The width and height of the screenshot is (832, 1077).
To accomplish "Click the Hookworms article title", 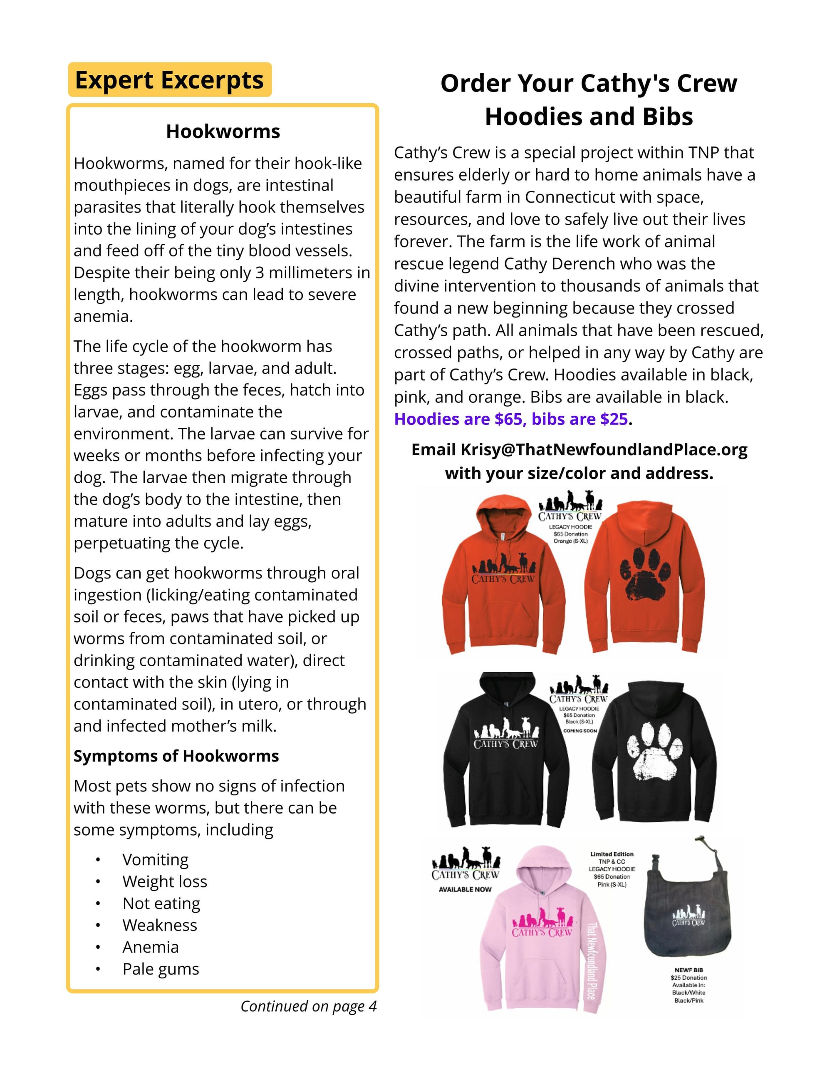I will pos(223,132).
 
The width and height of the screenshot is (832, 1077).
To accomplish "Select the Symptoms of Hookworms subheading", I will pos(176,756).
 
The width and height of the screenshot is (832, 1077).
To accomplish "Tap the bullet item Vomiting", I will pos(155,859).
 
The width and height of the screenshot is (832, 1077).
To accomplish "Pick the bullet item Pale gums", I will pos(161,969).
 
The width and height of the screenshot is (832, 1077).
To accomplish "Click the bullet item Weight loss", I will pos(165,881).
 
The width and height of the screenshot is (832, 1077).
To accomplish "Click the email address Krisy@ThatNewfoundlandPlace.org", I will pos(604,450).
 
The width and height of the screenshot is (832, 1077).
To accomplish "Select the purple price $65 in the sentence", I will pos(508,419).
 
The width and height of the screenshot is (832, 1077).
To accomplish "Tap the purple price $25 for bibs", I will pos(614,419).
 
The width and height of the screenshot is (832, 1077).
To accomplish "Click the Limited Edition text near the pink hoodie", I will pos(612,854).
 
